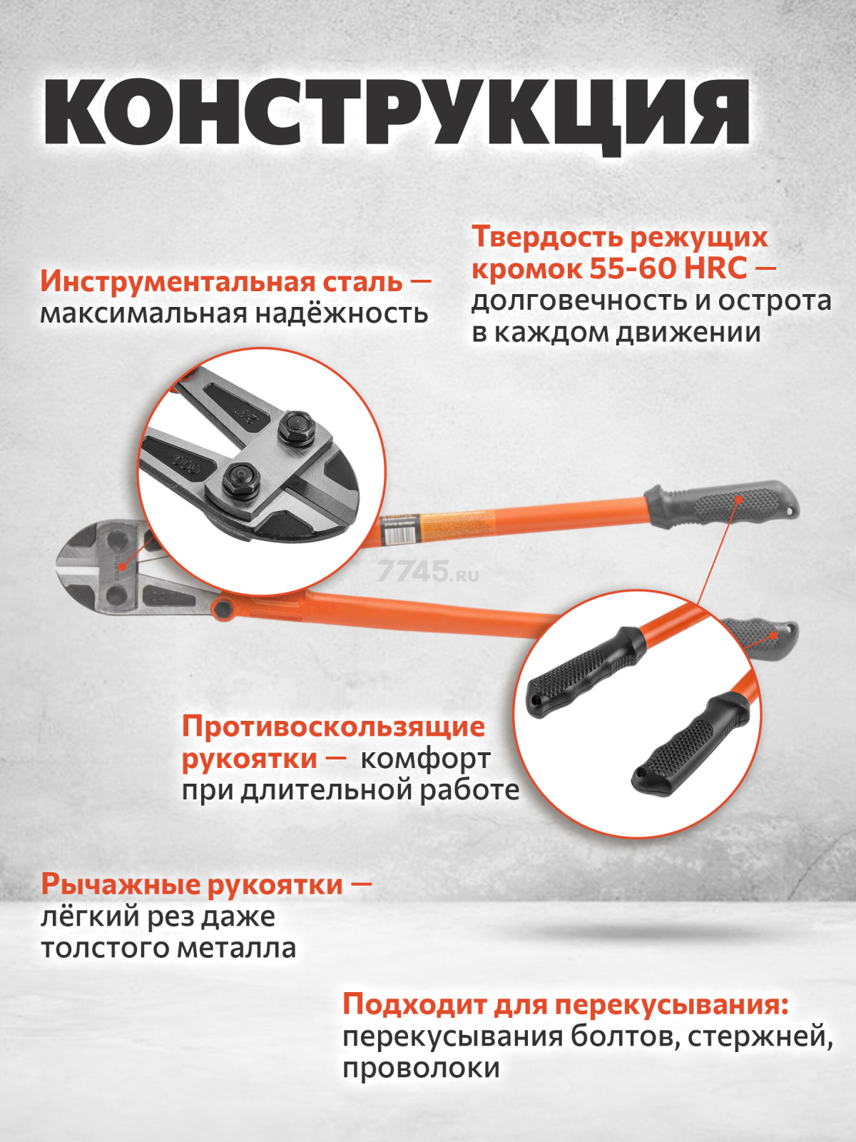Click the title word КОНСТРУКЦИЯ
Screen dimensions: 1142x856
click(x=397, y=114)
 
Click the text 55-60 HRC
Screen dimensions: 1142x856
click(x=668, y=268)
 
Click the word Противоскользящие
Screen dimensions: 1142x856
click(x=333, y=727)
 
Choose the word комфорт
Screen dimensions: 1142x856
click(x=425, y=759)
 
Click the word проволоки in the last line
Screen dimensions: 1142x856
click(x=421, y=1068)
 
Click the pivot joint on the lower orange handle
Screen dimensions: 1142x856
click(x=223, y=609)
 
